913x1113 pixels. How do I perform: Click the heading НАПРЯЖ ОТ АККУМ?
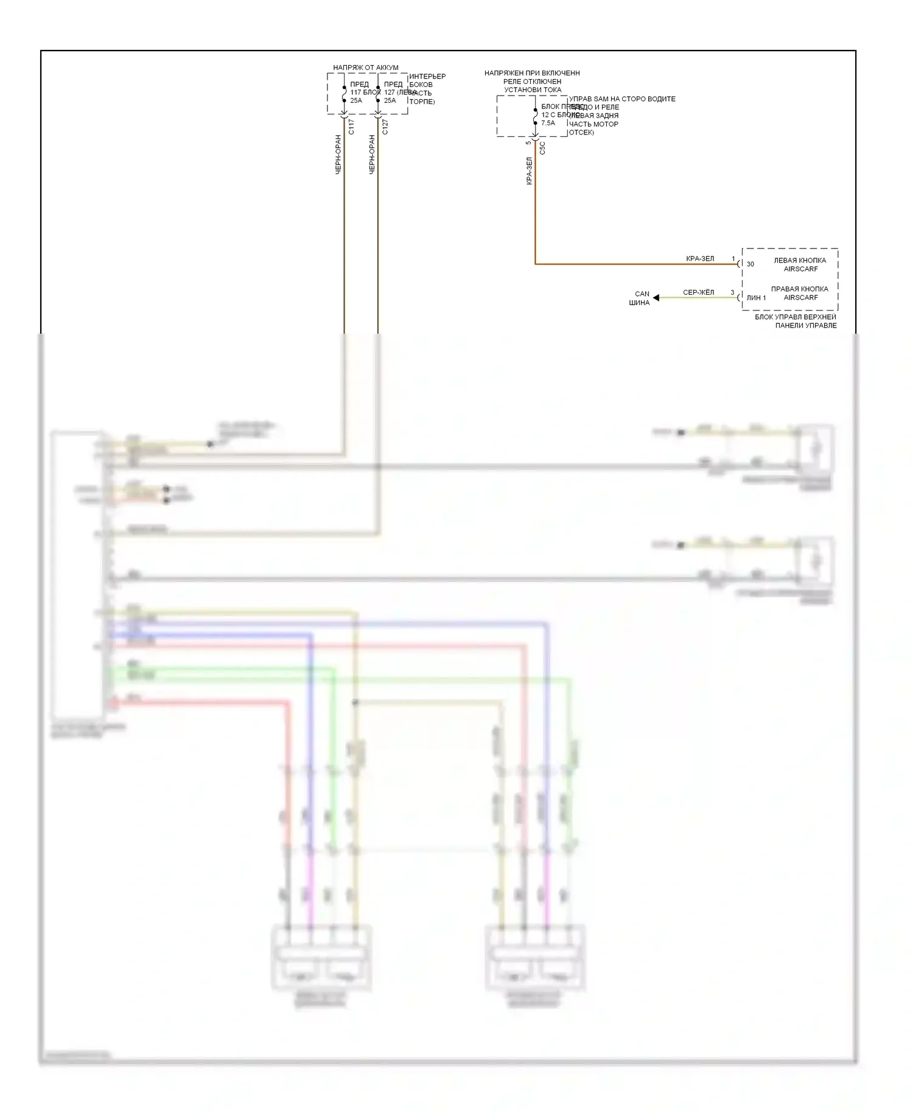coord(365,68)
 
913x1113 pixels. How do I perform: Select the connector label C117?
coord(351,127)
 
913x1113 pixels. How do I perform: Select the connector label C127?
coord(385,127)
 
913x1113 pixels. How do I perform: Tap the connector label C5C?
coord(542,148)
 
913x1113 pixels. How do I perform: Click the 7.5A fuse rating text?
coord(548,123)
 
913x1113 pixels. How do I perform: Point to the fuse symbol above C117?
coord(344,94)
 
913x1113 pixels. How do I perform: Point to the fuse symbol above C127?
coord(378,94)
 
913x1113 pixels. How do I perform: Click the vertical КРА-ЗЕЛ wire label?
coord(529,171)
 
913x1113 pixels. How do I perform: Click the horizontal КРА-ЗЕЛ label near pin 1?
coord(700,259)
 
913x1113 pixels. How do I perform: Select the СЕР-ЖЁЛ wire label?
coord(698,292)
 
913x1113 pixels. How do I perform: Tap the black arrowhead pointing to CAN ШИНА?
coord(656,298)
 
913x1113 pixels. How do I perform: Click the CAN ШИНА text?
coord(640,298)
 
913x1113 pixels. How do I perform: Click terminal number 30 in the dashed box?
coord(750,264)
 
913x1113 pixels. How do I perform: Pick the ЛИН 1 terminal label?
coord(756,298)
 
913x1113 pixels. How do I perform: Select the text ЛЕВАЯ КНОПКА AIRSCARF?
coord(800,264)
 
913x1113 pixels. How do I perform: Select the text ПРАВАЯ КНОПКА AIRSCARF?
coord(800,293)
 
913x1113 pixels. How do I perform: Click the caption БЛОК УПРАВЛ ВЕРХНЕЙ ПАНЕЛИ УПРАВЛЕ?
coord(796,321)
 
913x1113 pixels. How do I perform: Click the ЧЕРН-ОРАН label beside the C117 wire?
coord(338,155)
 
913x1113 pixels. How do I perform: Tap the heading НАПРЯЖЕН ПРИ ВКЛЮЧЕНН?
coord(532,73)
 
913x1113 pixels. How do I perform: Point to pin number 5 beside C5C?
coord(528,143)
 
